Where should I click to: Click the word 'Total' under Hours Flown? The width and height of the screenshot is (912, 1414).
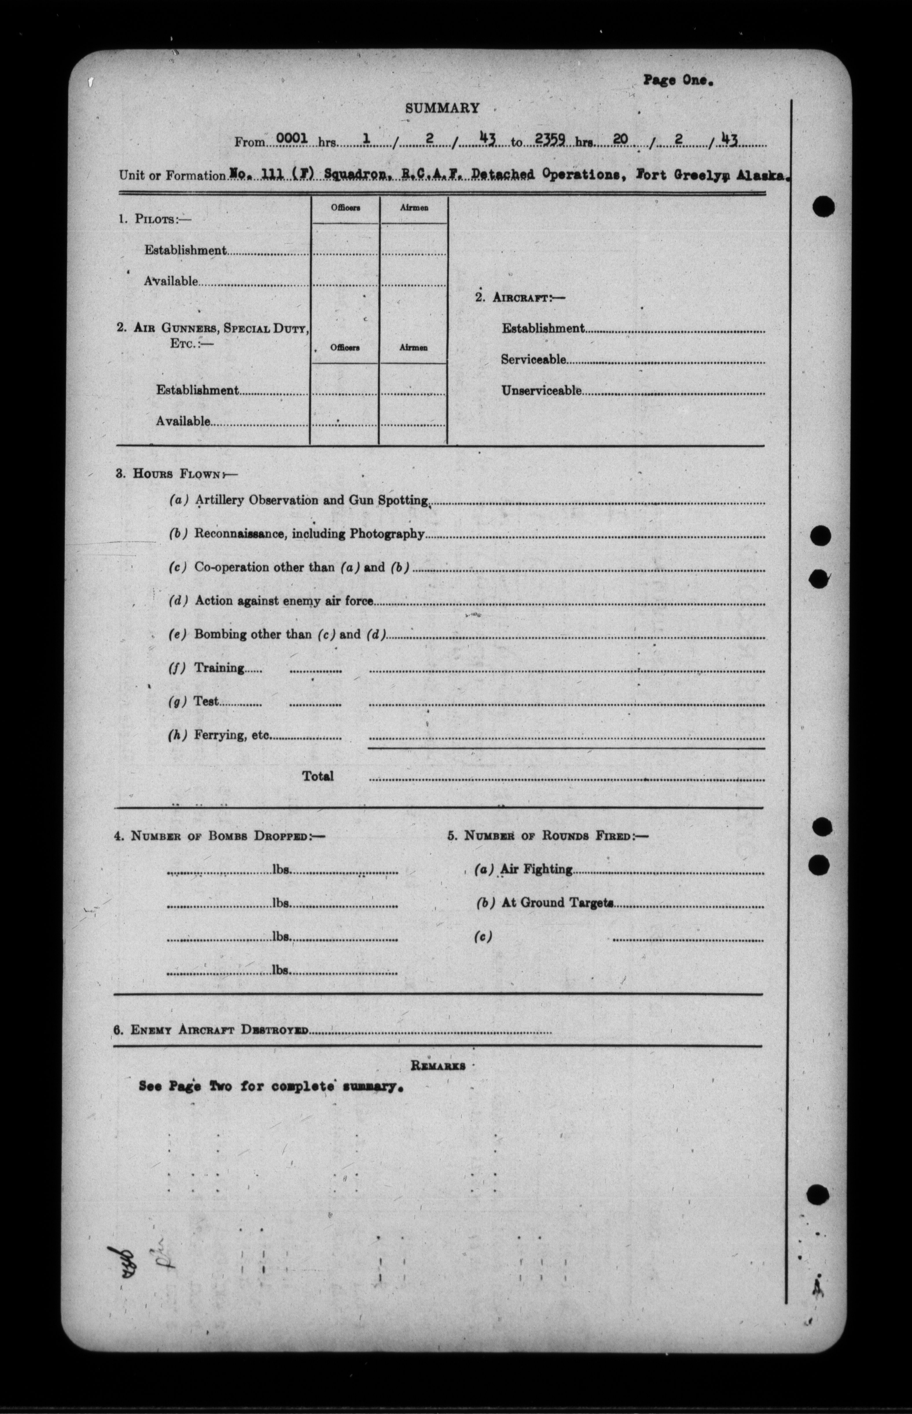(x=318, y=776)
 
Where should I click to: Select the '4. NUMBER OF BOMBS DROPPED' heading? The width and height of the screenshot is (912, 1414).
(x=219, y=836)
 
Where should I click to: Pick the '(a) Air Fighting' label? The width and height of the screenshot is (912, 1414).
(x=524, y=869)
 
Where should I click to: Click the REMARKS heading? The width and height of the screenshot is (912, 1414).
(x=438, y=1066)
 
